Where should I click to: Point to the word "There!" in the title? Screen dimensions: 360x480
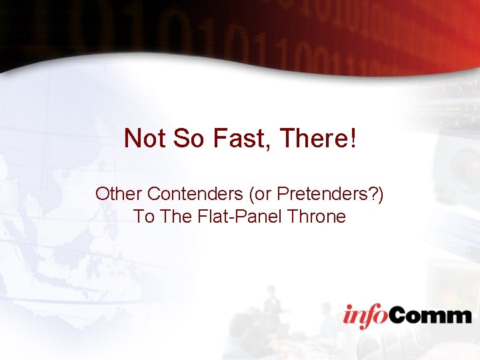pos(315,139)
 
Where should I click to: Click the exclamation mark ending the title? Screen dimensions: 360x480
pos(352,139)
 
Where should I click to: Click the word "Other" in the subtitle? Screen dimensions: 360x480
pos(119,194)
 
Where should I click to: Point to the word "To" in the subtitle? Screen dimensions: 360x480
pos(143,217)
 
